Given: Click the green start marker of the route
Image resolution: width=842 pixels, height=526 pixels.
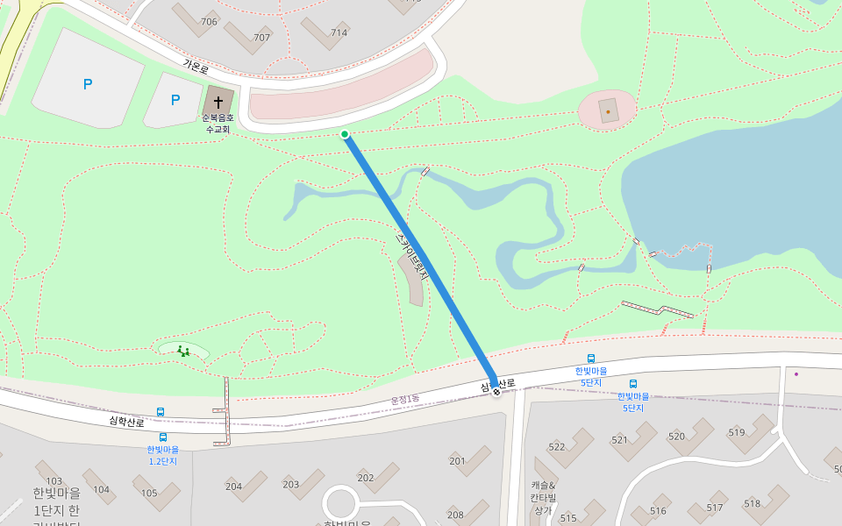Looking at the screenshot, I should click(x=345, y=134).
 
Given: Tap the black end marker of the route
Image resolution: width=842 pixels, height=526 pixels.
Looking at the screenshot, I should click(x=496, y=392).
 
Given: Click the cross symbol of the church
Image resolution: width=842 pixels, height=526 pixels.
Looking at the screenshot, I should click(x=218, y=102).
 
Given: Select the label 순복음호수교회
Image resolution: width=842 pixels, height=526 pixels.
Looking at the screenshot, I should click(x=218, y=124).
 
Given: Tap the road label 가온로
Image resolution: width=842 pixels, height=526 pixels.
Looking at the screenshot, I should click(x=196, y=66).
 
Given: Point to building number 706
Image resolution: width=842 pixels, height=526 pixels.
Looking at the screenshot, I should click(x=209, y=22).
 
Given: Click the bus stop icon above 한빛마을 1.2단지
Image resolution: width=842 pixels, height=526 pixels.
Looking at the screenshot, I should click(x=163, y=437).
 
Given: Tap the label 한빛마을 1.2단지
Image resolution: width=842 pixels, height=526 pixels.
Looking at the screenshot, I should click(x=163, y=455).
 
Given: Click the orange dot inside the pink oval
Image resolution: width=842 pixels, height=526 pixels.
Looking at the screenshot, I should click(x=608, y=112).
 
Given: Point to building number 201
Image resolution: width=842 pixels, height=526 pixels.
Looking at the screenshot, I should click(x=457, y=461).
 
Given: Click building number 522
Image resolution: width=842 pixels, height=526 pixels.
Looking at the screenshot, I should click(x=557, y=447).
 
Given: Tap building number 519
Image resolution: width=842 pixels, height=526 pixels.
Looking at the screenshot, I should click(x=736, y=432).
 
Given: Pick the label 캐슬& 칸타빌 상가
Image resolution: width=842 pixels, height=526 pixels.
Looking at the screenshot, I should click(x=543, y=497).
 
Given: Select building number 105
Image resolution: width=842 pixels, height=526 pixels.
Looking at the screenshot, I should click(x=149, y=493).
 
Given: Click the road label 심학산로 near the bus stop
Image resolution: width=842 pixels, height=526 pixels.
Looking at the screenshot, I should click(x=126, y=422).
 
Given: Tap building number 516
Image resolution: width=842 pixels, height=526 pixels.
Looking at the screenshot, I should click(x=658, y=510).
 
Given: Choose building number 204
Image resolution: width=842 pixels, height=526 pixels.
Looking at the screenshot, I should click(x=233, y=487).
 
